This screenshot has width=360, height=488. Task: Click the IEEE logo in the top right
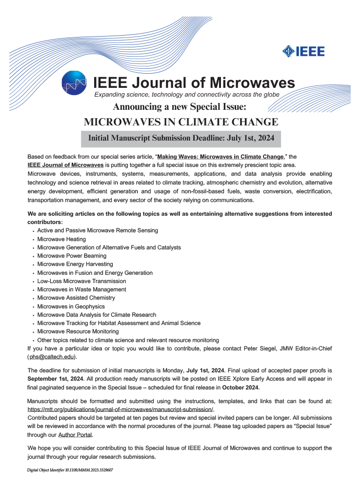tap(303, 51)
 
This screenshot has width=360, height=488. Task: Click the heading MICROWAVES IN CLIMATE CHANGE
tap(181, 122)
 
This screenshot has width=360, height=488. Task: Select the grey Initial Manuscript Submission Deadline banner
tap(181, 138)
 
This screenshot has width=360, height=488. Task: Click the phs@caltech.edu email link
tap(52, 357)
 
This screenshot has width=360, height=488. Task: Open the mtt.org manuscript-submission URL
tap(121, 409)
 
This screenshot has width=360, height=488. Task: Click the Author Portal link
tap(75, 434)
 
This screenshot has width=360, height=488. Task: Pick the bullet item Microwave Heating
tap(61, 239)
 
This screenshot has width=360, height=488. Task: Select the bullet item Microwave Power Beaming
tap(72, 256)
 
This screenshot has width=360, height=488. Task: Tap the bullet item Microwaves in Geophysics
tap(71, 306)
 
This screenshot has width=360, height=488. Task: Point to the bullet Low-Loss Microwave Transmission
tap(81, 281)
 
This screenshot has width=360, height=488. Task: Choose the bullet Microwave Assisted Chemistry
tap(76, 298)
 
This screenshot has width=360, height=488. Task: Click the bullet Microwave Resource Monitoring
tap(78, 331)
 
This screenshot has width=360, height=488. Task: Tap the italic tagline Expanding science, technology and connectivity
tap(187, 94)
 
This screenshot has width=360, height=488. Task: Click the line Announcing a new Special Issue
tap(181, 107)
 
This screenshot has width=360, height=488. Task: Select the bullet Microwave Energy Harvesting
tap(75, 264)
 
